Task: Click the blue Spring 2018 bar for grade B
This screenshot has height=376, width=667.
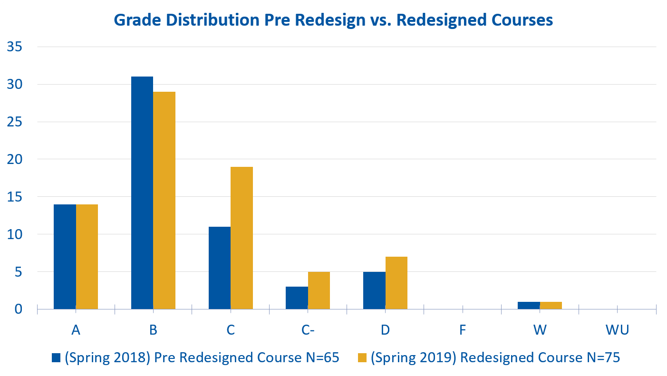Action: point(142,193)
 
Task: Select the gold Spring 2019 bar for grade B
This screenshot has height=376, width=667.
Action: point(164,200)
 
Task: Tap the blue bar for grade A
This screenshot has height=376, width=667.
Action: point(65,257)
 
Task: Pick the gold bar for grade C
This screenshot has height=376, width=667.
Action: point(242,238)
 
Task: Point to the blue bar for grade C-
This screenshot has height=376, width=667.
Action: point(297,298)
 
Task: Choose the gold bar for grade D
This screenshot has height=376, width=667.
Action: point(396,283)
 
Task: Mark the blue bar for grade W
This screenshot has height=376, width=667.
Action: point(529,305)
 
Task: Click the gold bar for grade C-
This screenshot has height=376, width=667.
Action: point(319,290)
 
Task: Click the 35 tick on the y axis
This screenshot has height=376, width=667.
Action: point(15,47)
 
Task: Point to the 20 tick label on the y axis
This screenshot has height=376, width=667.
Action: point(15,159)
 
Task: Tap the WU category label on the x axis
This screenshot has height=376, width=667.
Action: point(617,330)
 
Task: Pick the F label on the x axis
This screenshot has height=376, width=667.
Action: point(463,330)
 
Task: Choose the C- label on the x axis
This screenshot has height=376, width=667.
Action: point(308,330)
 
